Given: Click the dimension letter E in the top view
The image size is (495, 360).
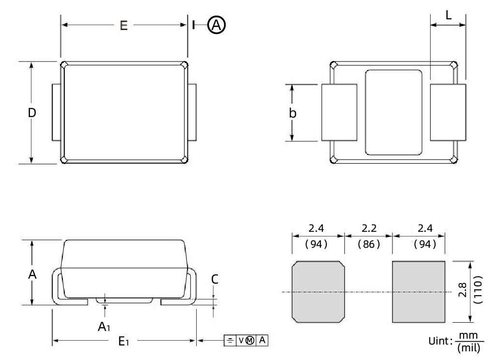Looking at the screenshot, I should click(124, 26).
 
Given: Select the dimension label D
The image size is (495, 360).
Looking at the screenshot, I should click(32, 113).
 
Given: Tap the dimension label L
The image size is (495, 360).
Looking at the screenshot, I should click(448, 15).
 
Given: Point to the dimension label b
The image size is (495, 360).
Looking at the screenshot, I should click(292, 113).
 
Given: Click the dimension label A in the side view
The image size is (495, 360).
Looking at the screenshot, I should click(32, 274).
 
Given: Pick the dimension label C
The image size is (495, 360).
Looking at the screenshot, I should click(215, 279).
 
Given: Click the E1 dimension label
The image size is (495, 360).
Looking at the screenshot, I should click(124, 342).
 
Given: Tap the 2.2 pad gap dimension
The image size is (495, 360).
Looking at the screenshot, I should click(368, 228).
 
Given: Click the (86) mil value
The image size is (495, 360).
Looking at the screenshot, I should click(368, 244).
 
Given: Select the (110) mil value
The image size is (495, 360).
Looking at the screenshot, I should click(478, 292).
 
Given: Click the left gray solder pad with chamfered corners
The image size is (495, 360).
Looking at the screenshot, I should click(318, 292).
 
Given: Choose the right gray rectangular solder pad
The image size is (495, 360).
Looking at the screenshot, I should click(418, 292).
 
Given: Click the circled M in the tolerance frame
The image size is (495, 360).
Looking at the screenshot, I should click(250, 341).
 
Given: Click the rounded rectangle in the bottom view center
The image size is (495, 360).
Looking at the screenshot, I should click(393, 113).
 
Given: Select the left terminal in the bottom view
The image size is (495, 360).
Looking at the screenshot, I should click(339, 113).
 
